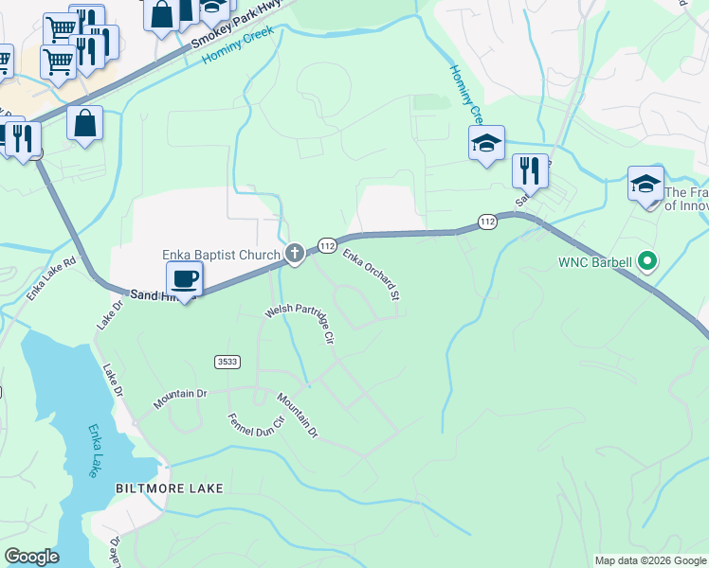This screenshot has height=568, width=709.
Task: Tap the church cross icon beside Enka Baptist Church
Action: tap(295, 253)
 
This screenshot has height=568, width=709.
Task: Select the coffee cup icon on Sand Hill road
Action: tap(184, 279)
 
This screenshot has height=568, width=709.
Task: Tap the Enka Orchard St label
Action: tap(371, 275)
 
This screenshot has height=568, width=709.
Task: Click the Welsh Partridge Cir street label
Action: tap(301, 323)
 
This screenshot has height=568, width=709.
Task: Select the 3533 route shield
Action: tap(227, 361)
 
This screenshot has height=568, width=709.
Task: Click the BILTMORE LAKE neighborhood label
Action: tap(170, 488)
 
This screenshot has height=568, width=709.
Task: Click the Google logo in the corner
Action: tap(31, 557)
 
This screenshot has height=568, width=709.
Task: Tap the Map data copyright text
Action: tap(650, 560)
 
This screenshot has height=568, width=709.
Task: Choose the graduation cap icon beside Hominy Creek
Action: tap(486, 144)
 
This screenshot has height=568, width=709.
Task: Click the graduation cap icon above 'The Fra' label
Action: tap(645, 184)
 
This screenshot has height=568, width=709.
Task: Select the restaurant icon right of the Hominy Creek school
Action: tap(530, 171)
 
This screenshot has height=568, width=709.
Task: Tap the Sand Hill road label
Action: tap(150, 294)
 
